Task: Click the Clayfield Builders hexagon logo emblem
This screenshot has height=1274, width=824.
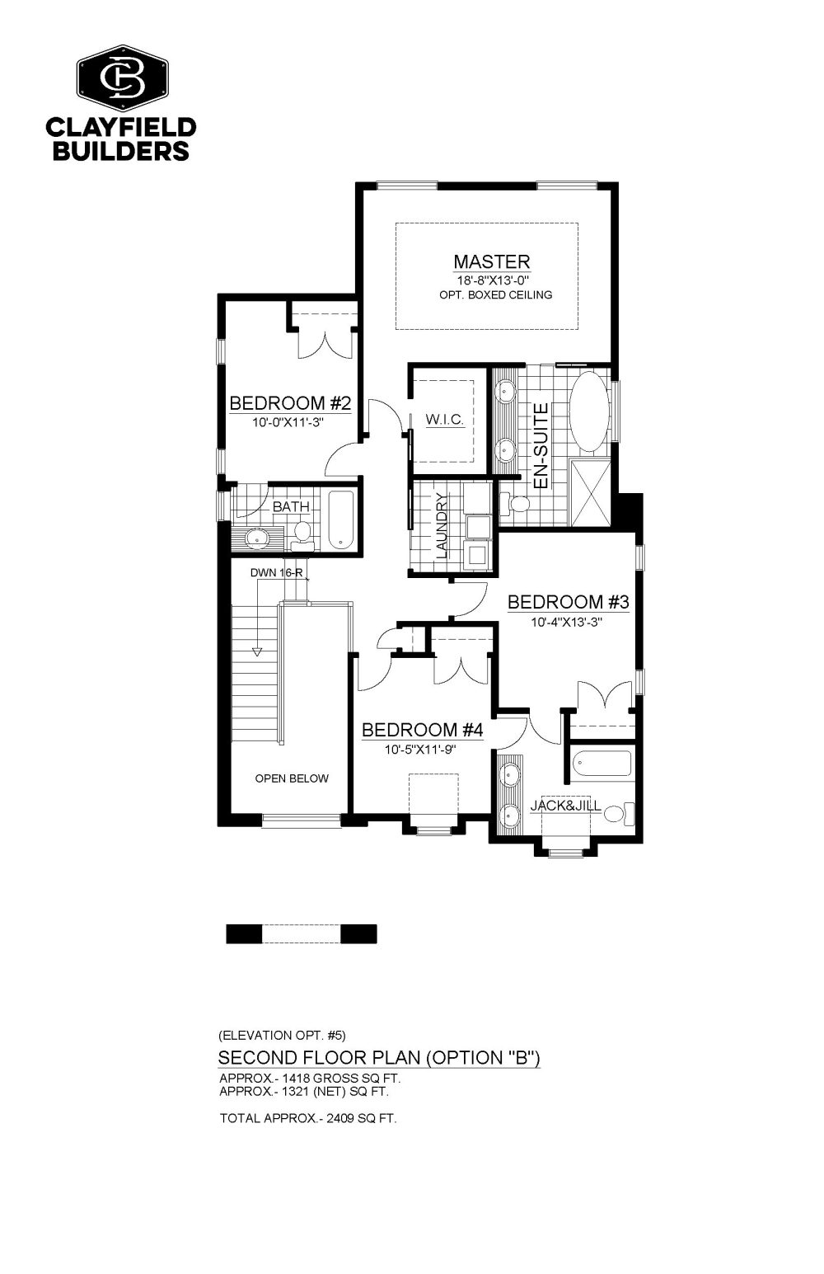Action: point(123,78)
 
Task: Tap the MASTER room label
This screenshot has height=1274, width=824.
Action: point(492,261)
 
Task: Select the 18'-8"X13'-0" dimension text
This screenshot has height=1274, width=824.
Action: point(494,280)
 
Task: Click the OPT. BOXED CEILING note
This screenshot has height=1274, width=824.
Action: point(495,294)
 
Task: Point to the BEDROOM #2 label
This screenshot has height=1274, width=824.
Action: point(290,403)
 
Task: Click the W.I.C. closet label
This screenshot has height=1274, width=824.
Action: point(444,420)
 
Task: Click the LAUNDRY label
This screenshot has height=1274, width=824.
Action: point(442,525)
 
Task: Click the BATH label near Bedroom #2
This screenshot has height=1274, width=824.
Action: point(291,506)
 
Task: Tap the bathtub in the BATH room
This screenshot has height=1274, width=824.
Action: point(340,519)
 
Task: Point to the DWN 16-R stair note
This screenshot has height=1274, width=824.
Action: point(276,573)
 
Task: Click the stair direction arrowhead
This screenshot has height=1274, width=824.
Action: point(257,651)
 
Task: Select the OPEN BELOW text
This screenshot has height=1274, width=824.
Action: point(292,778)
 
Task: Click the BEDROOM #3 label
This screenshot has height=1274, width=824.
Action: point(569,602)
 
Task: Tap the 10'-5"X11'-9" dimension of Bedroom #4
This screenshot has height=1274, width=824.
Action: point(420,750)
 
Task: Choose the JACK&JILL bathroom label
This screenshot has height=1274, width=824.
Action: point(565,806)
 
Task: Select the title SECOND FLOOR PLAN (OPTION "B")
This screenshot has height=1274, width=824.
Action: point(379,1058)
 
